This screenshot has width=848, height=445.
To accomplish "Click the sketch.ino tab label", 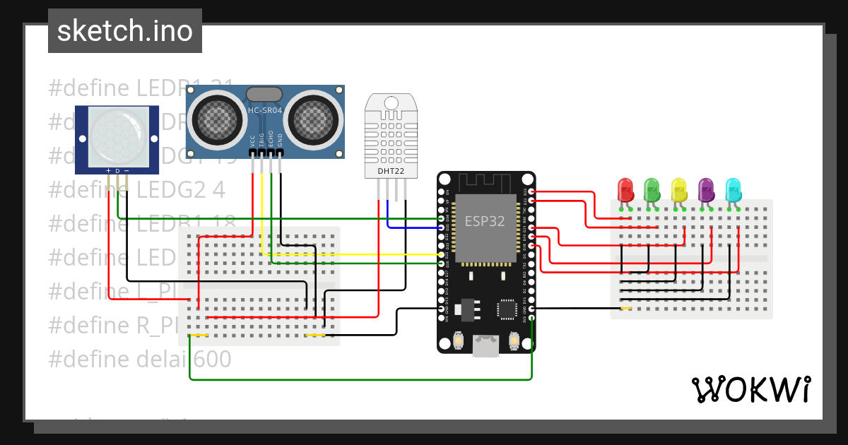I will point(124,31).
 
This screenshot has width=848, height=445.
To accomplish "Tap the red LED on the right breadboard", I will point(625,189).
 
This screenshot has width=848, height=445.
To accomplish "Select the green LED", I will point(652,189).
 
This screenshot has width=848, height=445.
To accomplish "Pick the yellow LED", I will point(679,189).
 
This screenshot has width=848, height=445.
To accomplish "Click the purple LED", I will point(706,189).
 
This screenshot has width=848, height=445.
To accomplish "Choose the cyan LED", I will point(734,189).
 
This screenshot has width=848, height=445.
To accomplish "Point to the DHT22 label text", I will point(390,170).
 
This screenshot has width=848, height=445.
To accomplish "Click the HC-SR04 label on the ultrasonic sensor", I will point(266,110).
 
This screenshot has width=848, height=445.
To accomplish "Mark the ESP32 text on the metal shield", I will point(485,220).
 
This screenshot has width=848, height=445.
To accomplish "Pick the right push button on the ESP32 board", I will point(514,341).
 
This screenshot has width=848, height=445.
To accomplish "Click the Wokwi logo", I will point(750,389).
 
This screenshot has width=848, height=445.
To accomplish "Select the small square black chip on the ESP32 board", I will point(507,309).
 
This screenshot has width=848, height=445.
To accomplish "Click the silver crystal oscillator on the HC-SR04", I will point(265,94).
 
